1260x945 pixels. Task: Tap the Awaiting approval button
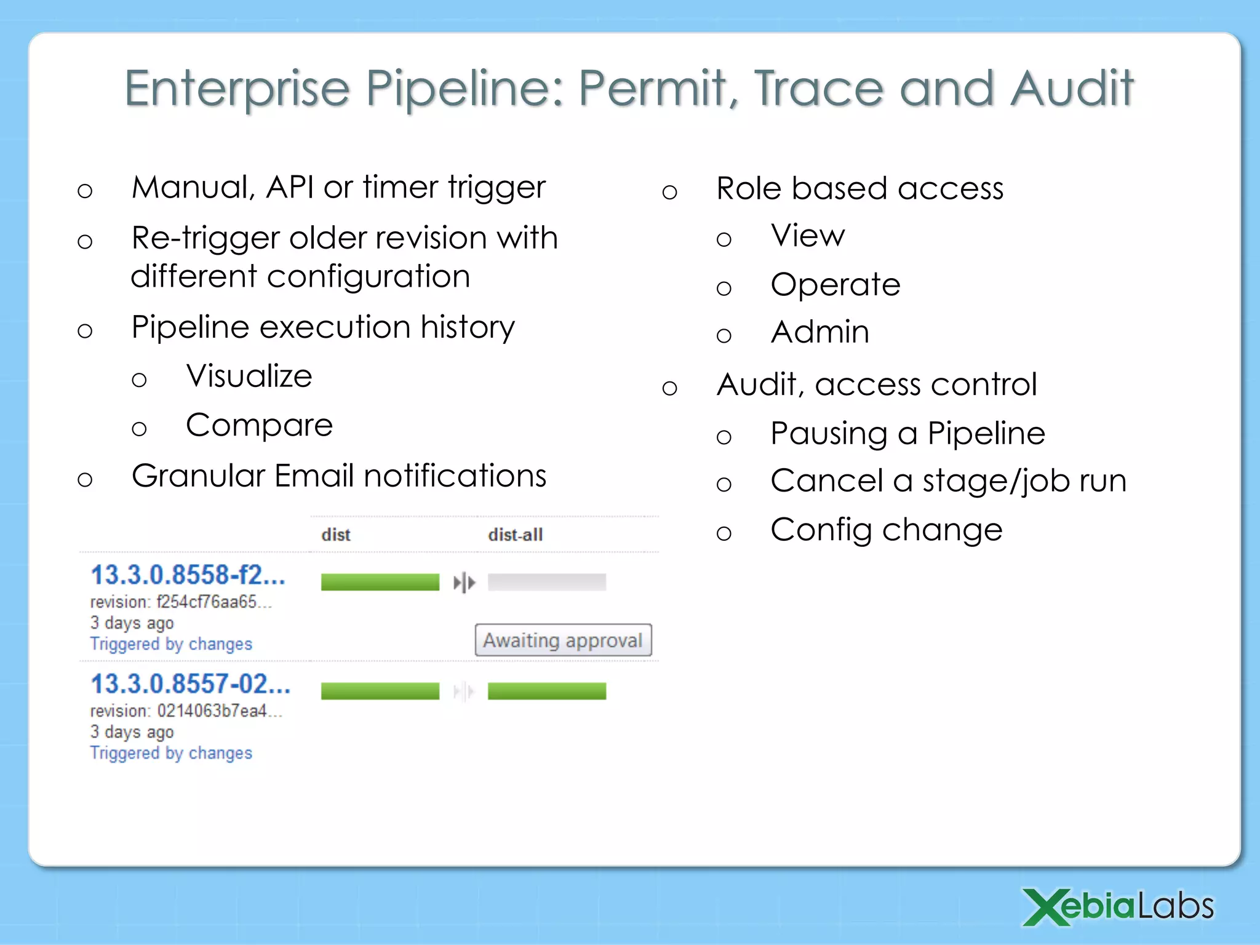[562, 640]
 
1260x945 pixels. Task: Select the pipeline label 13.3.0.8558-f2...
[188, 575]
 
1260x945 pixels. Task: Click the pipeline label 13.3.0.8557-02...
[190, 684]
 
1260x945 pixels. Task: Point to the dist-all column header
[515, 535]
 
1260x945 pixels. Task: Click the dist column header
[335, 535]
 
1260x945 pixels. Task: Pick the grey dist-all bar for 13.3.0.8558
[546, 582]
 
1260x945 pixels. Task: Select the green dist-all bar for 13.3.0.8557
[546, 691]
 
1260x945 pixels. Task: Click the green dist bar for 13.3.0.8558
[380, 582]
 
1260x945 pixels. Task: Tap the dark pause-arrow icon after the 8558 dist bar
[464, 582]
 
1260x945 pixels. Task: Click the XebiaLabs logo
[1118, 907]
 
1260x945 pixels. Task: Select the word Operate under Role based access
[835, 285]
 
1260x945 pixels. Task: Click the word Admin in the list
[819, 332]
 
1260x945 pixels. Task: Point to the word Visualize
[249, 376]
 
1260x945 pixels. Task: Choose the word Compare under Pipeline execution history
[259, 425]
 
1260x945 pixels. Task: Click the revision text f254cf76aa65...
[212, 602]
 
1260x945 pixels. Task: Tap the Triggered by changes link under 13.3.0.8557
[171, 753]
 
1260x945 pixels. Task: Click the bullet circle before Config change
[724, 533]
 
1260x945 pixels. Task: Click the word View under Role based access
[807, 236]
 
